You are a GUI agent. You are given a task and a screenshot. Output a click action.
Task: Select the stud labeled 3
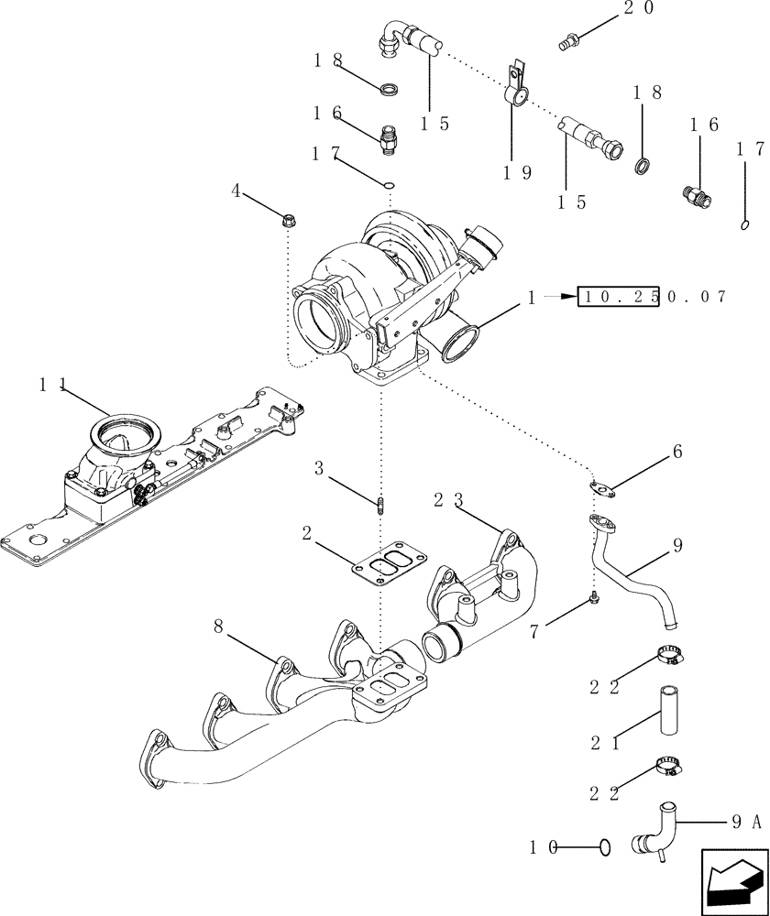(379, 505)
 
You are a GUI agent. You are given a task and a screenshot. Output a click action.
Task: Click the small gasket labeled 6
(601, 490)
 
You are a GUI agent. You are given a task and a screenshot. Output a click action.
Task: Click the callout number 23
(448, 500)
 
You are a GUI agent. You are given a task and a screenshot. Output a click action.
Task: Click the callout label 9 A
(744, 823)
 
